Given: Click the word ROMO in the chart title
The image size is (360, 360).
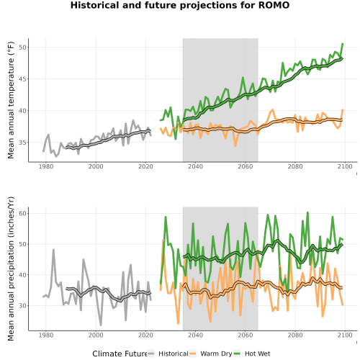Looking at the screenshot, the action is pos(274,5).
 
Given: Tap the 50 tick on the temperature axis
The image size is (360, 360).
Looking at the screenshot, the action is pos(22,48).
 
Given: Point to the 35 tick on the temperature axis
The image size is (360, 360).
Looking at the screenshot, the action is pos(22,143).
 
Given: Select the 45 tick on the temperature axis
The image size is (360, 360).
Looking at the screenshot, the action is pos(22,79).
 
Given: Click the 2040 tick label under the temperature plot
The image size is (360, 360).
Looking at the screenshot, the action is pos(195,166).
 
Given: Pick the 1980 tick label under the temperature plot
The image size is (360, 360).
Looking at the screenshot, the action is pos(46,166).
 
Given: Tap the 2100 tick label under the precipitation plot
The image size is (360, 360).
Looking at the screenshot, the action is pos(345,335).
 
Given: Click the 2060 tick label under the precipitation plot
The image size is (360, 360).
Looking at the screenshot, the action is pos(246,335).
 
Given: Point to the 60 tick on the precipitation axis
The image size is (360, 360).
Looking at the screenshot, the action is pos(22,213).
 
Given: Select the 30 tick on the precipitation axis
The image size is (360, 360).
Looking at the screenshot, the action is pos(22,305).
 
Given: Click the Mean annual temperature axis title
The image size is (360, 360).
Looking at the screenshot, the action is pos(11,100).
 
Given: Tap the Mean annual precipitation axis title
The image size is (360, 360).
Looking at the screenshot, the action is pos(11,269).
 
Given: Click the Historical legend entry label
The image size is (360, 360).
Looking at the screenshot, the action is pos(174,354).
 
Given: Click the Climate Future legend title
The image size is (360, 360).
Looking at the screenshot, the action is pos(120,354).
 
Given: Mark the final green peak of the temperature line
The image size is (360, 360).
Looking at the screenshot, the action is pos(343,44).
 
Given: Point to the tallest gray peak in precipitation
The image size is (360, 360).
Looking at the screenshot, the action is pos(53,250).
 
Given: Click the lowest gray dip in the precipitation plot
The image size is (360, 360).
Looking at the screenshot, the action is pos(101,325).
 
